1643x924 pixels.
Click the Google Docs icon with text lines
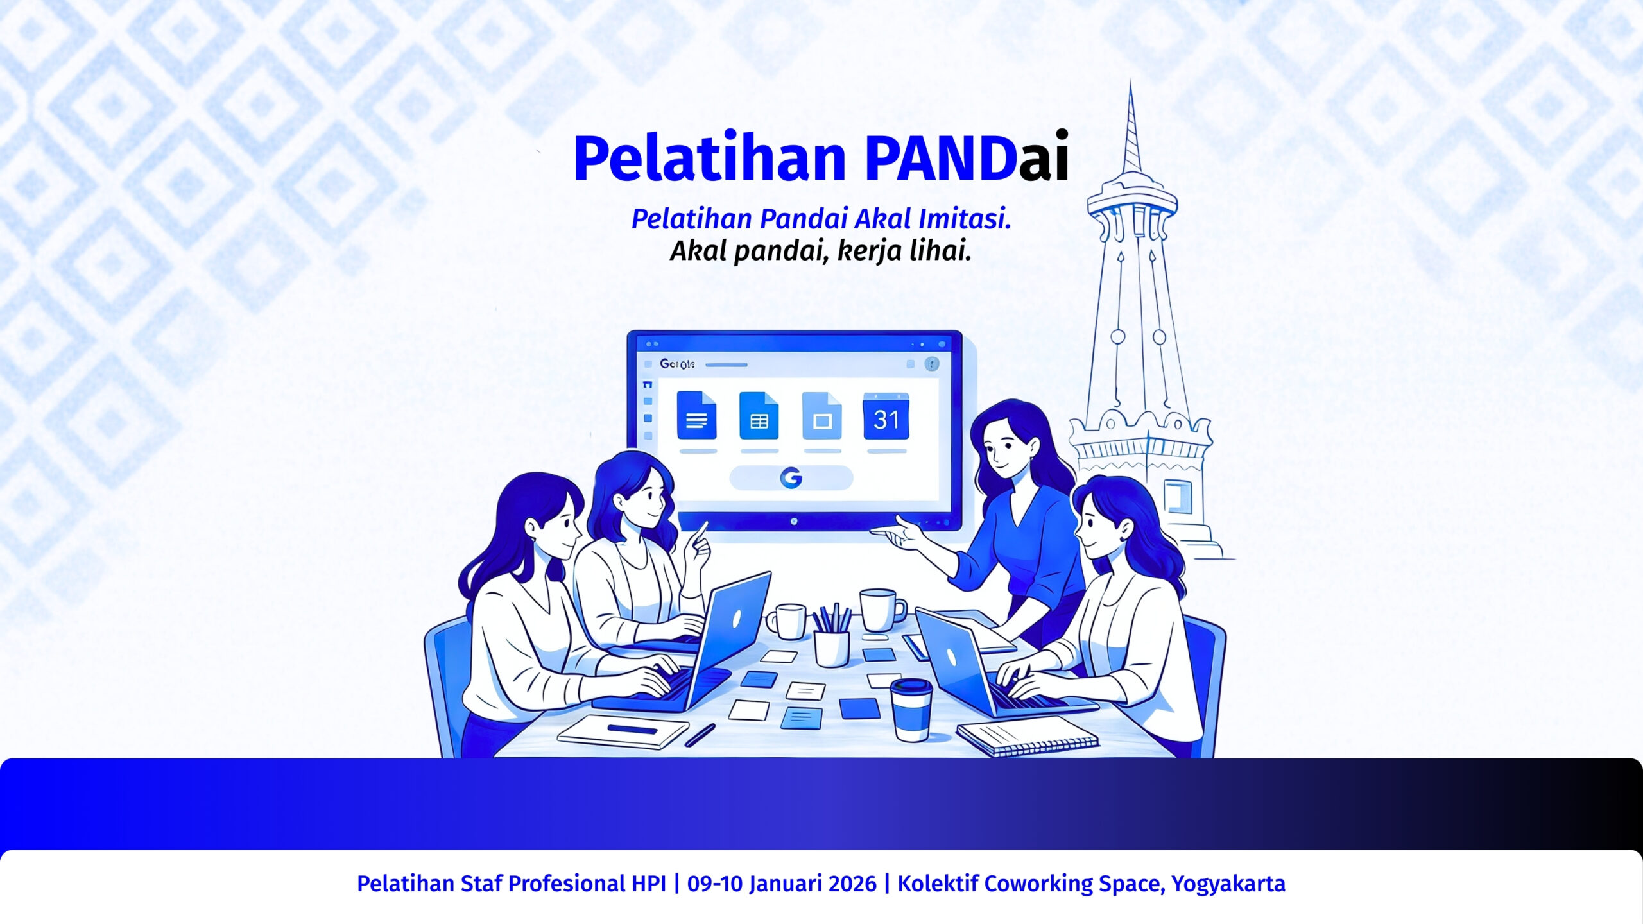(x=696, y=415)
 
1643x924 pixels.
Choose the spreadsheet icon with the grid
(x=759, y=416)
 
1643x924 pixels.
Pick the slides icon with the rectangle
(x=822, y=416)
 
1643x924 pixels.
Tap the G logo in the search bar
(x=791, y=478)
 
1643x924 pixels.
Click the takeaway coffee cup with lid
(x=911, y=710)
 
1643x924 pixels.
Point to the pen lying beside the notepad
(x=700, y=735)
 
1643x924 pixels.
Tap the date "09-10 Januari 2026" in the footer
(x=782, y=884)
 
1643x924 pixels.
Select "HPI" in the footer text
(x=649, y=884)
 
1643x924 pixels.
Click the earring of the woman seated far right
(x=1124, y=537)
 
